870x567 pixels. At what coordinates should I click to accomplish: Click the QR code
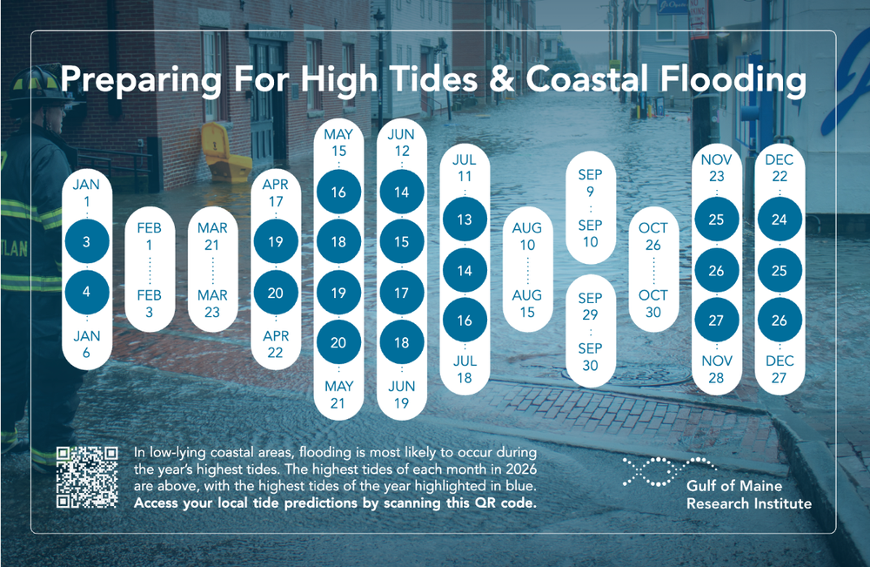(x=87, y=476)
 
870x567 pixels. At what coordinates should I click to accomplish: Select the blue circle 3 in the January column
(x=87, y=242)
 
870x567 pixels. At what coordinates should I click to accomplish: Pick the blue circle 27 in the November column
(x=716, y=320)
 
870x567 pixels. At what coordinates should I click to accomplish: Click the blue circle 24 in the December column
(x=779, y=219)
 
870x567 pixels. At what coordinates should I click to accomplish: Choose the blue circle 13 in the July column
(x=465, y=220)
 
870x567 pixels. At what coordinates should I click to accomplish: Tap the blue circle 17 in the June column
(x=401, y=293)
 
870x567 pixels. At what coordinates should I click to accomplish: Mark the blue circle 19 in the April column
(x=275, y=242)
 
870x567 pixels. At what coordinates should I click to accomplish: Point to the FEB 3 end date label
(x=150, y=303)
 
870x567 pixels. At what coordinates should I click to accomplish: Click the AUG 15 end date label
(x=527, y=303)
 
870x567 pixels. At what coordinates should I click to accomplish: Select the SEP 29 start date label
(x=590, y=307)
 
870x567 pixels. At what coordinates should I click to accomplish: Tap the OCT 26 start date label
(x=653, y=236)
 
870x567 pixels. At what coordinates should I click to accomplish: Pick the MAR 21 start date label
(x=212, y=236)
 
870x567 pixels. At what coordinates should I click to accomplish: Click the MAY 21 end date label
(x=338, y=394)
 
